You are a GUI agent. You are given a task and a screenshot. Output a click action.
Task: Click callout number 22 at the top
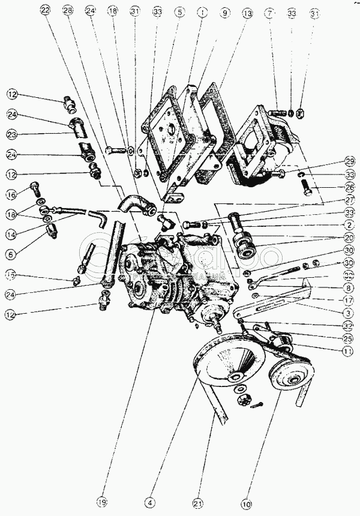tap(46, 11)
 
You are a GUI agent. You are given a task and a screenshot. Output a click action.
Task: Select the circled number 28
tap(67, 11)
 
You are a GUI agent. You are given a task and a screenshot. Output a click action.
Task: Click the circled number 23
tap(12, 134)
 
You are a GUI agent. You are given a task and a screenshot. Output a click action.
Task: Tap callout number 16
tap(12, 194)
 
